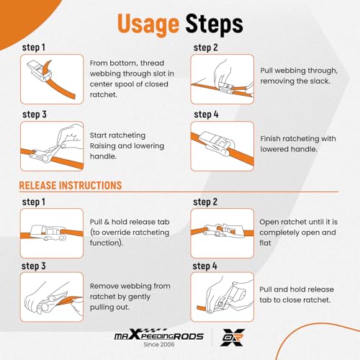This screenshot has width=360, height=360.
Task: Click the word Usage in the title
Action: (x=148, y=24)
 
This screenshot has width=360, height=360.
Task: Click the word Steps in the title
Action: (x=215, y=24)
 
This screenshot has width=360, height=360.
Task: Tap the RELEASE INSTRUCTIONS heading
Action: (x=71, y=186)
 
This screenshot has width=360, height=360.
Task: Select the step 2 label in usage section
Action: (x=206, y=48)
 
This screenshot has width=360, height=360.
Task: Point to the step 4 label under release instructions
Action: (x=204, y=266)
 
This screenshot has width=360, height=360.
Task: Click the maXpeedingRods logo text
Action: (x=159, y=335)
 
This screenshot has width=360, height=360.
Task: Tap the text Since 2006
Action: (x=159, y=344)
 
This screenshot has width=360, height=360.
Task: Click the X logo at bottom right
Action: (x=233, y=337)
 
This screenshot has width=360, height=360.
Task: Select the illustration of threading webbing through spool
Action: (x=52, y=79)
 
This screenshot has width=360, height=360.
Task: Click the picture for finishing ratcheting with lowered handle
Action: (x=222, y=146)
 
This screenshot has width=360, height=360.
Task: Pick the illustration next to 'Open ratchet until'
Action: (x=222, y=233)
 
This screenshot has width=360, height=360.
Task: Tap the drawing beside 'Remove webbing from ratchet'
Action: (x=52, y=297)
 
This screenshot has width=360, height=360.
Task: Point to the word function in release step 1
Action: (x=107, y=243)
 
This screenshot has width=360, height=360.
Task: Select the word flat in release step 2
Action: (x=265, y=243)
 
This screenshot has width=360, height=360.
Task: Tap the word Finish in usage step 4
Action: (x=270, y=139)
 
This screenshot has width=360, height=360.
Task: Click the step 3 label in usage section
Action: (x=35, y=114)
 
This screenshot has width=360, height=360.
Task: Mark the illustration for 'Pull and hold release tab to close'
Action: (x=222, y=297)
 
